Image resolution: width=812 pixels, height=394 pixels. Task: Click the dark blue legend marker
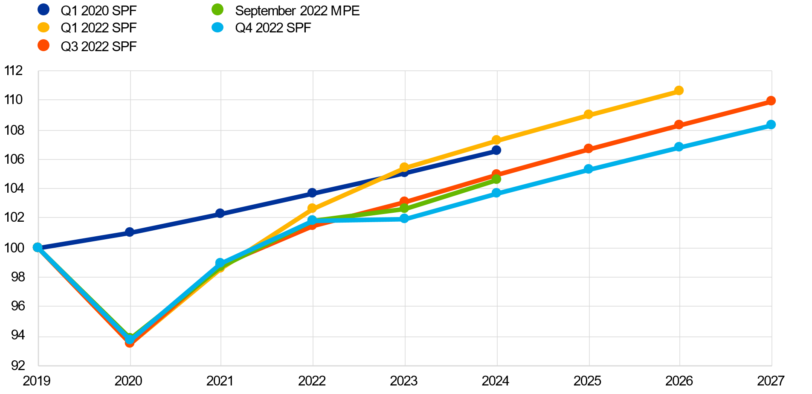click(43, 9)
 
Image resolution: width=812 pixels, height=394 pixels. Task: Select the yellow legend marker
click(43, 27)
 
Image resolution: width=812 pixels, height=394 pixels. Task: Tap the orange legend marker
click(43, 45)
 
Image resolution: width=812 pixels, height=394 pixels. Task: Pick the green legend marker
click(217, 9)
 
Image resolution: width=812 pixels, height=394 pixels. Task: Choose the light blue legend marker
click(217, 27)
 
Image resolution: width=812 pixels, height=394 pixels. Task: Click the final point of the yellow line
click(679, 90)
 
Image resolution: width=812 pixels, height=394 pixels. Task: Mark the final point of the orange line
click(771, 101)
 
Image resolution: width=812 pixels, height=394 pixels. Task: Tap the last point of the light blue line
click(771, 125)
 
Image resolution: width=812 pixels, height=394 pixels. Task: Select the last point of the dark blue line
click(496, 150)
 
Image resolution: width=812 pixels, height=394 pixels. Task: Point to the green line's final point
click(496, 180)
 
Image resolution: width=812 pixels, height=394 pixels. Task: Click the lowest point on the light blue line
click(130, 339)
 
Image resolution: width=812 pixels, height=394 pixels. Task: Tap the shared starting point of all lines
click(38, 247)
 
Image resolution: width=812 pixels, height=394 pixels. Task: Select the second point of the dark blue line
click(130, 232)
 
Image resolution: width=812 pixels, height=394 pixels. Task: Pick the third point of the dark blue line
click(220, 213)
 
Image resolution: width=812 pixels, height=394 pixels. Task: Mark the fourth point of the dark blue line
click(312, 193)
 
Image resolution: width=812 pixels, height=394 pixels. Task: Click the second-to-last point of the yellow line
click(589, 114)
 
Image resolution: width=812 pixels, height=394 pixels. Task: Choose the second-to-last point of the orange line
click(679, 125)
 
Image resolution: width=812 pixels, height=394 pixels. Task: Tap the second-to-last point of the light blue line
click(679, 147)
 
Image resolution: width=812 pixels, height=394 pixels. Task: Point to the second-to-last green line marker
click(404, 209)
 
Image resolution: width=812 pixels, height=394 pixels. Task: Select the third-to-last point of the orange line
click(589, 148)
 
